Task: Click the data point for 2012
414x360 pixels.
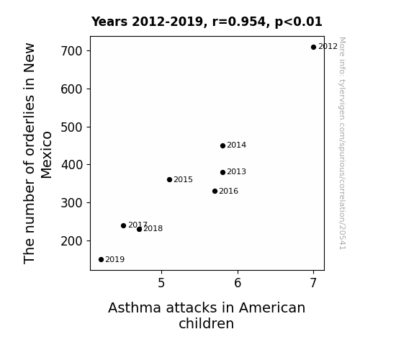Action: coord(313,48)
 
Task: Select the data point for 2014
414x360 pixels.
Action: coord(222,145)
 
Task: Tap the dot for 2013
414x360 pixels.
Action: coord(222,173)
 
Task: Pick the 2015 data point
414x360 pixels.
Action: coord(169,180)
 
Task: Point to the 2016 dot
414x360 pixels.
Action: coord(215,192)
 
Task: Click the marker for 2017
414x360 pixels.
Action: coord(123,226)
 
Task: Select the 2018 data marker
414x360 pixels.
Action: coord(139,229)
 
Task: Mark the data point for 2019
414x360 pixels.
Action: coord(101,260)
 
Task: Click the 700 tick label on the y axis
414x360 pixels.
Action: coord(71,51)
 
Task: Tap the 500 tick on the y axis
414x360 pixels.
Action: coord(71,127)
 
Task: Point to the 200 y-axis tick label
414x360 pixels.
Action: coord(71,241)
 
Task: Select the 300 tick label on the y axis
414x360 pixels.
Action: coord(71,203)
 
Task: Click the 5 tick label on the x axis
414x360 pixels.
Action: coord(161,283)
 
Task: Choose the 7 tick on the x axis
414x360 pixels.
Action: coord(313,283)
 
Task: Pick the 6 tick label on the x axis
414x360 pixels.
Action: coord(238,283)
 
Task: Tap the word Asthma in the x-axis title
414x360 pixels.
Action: coord(135,308)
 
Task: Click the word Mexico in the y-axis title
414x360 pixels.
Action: coord(47,155)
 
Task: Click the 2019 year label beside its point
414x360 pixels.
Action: coord(115,260)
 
